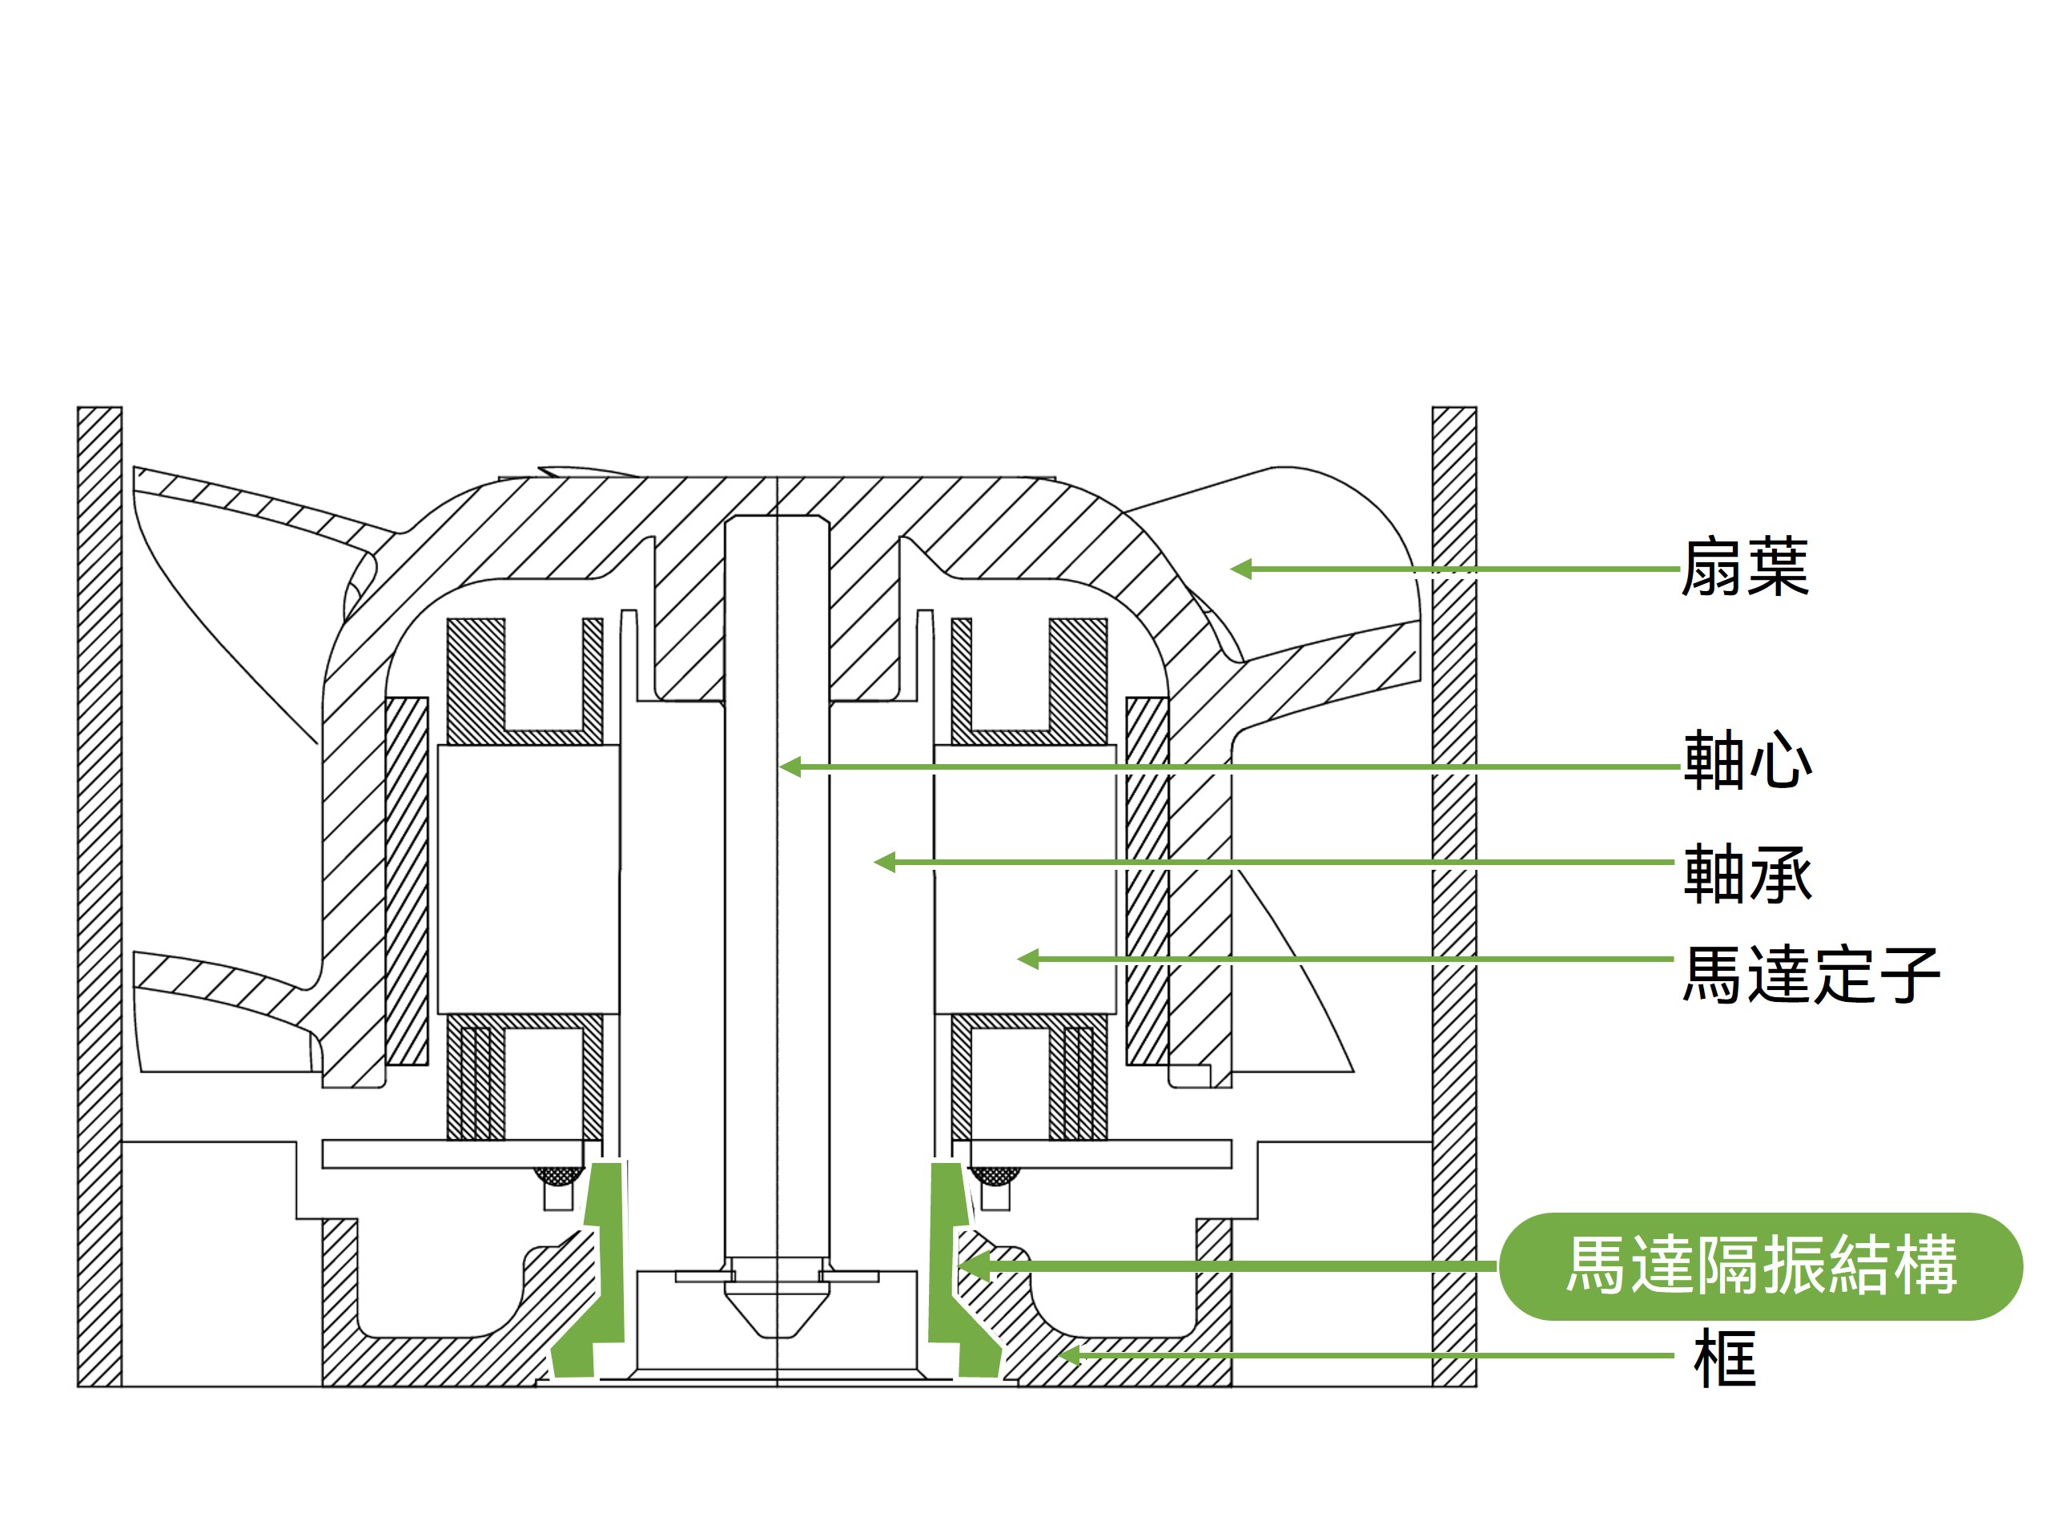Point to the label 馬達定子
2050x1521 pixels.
[x=1810, y=974]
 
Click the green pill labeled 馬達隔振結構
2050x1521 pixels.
[x=1759, y=1266]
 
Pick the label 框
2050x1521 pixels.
[x=1723, y=1358]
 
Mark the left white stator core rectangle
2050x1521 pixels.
[x=528, y=879]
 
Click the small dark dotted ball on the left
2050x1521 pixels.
[x=558, y=1176]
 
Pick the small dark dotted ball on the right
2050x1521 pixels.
[x=995, y=1176]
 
